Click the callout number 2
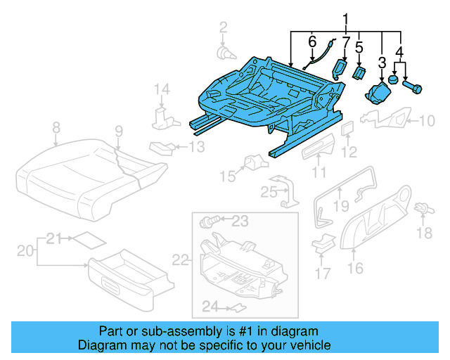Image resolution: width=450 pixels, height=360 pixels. click(x=223, y=27)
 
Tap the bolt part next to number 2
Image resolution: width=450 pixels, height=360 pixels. click(x=223, y=51)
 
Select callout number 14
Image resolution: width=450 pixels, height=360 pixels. click(x=162, y=89)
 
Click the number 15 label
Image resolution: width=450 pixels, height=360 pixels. click(x=226, y=174)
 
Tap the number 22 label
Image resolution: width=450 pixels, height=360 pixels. click(x=181, y=261)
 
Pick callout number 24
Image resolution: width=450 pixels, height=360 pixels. click(x=210, y=306)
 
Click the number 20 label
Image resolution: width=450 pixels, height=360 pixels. click(x=25, y=251)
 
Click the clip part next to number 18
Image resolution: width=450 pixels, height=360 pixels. click(x=423, y=209)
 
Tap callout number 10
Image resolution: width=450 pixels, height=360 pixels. click(x=427, y=121)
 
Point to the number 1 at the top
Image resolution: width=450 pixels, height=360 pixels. click(x=345, y=18)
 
